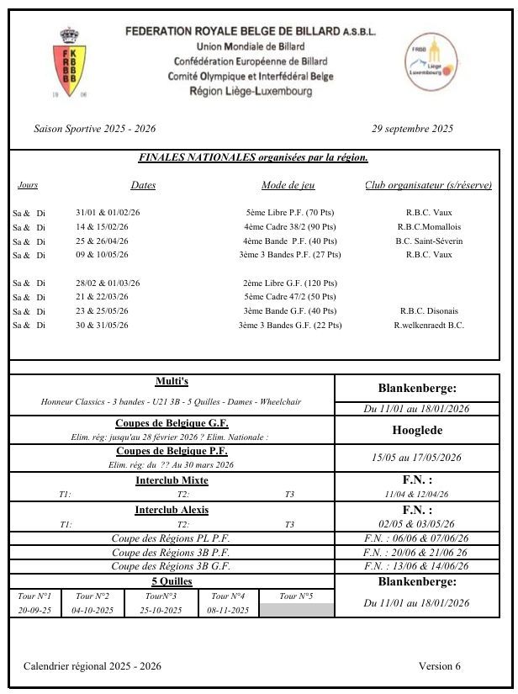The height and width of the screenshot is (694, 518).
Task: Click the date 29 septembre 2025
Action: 412,129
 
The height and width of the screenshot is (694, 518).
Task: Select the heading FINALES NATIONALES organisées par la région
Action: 253,157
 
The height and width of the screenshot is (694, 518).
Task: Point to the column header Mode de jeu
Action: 288,185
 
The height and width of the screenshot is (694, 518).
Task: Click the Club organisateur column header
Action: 428,185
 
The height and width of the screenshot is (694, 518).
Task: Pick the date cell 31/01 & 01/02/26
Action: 108,213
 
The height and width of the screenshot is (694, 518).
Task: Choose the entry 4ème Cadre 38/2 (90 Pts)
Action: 289,226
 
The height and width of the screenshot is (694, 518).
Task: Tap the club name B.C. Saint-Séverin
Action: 429,241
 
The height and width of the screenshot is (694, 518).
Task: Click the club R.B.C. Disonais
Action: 429,311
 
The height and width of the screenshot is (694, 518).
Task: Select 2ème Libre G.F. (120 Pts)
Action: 289,283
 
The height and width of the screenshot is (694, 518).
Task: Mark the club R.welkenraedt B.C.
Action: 429,325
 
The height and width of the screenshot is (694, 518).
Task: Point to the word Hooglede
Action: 417,429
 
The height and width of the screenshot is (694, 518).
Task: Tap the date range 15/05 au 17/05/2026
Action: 417,458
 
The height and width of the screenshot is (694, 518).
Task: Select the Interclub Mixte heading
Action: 172,480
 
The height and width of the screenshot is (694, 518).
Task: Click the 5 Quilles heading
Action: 172,581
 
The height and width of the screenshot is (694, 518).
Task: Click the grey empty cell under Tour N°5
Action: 297,610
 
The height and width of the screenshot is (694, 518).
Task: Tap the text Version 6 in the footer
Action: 440,666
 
